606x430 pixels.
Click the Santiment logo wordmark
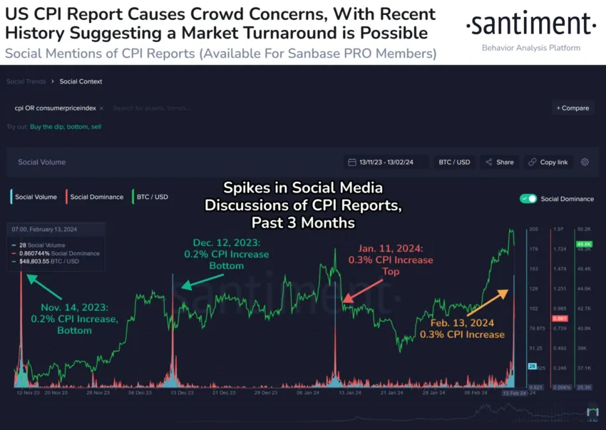[530, 25]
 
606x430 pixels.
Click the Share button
[499, 162]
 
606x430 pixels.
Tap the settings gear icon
[585, 162]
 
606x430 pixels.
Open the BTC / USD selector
[453, 162]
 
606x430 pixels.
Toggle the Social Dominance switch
[528, 198]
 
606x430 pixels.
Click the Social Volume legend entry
[34, 197]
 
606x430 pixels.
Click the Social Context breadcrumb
[81, 81]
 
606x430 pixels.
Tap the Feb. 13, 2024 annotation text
[461, 328]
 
